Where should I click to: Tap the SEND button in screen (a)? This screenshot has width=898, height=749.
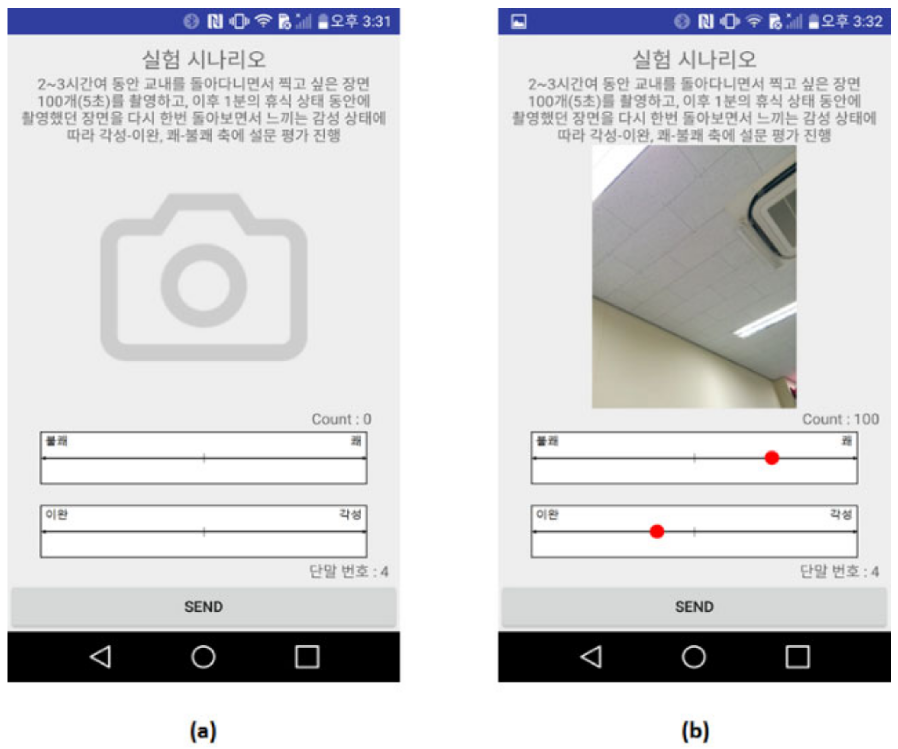coord(204,607)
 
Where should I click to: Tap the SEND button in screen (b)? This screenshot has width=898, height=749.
coord(694,607)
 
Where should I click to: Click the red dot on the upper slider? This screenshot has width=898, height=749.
coord(771,458)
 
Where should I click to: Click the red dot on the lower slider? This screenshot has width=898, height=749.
coord(657,531)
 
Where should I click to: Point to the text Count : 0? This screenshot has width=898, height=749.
coord(341,419)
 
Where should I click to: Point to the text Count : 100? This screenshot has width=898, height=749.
coord(840,419)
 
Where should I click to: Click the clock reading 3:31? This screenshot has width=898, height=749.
coord(376,22)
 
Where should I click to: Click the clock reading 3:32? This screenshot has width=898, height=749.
coord(867,22)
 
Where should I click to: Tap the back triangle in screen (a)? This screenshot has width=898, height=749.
coord(101,657)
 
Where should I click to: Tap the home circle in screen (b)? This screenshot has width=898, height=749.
coord(693,657)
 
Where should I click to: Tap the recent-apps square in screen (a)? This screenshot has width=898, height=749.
coord(307,657)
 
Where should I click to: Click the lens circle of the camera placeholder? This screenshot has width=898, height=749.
coord(204,285)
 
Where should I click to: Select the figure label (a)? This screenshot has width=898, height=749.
coord(203,731)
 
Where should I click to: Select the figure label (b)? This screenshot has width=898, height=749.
coord(695,731)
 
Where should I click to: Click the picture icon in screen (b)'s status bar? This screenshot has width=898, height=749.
coord(519,22)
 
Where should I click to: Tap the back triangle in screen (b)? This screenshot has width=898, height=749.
coord(591,657)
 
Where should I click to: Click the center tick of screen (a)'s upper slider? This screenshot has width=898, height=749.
coord(204,458)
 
